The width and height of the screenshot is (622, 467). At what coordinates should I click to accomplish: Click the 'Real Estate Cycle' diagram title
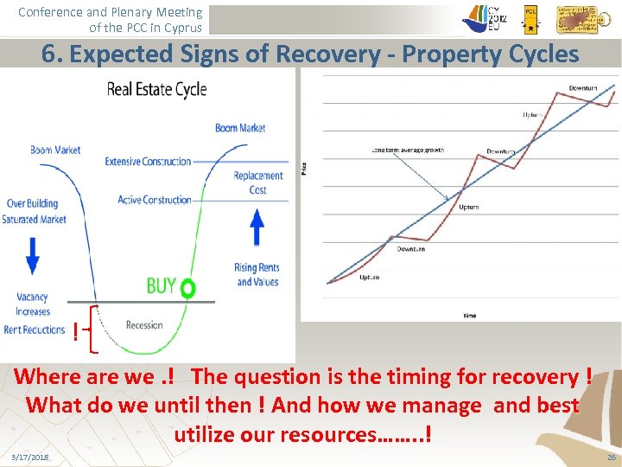click(x=156, y=89)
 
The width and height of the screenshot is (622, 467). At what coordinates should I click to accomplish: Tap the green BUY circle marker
click(x=187, y=286)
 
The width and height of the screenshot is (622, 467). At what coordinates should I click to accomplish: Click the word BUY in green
click(x=161, y=286)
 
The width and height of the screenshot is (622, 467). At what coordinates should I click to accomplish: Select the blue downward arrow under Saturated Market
click(x=33, y=254)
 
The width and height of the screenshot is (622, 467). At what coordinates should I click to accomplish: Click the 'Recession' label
click(x=144, y=325)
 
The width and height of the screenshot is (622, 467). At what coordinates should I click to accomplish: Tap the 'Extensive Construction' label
click(x=148, y=162)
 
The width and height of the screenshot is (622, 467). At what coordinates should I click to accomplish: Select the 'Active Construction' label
click(x=154, y=200)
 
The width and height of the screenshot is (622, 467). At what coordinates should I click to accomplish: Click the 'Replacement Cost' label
click(x=257, y=182)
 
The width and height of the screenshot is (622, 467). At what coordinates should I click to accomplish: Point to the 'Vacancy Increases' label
click(x=33, y=304)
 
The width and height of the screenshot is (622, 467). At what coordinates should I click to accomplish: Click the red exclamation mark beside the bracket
click(x=76, y=331)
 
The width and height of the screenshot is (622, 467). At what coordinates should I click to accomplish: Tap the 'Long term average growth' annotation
click(x=408, y=150)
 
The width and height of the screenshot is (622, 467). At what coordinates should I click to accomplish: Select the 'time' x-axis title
click(x=469, y=316)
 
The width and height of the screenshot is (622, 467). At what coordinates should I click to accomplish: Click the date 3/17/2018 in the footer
click(x=30, y=457)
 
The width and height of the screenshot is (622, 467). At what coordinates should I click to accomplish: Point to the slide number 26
click(x=611, y=457)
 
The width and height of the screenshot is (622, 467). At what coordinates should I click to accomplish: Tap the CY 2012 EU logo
click(x=485, y=18)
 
